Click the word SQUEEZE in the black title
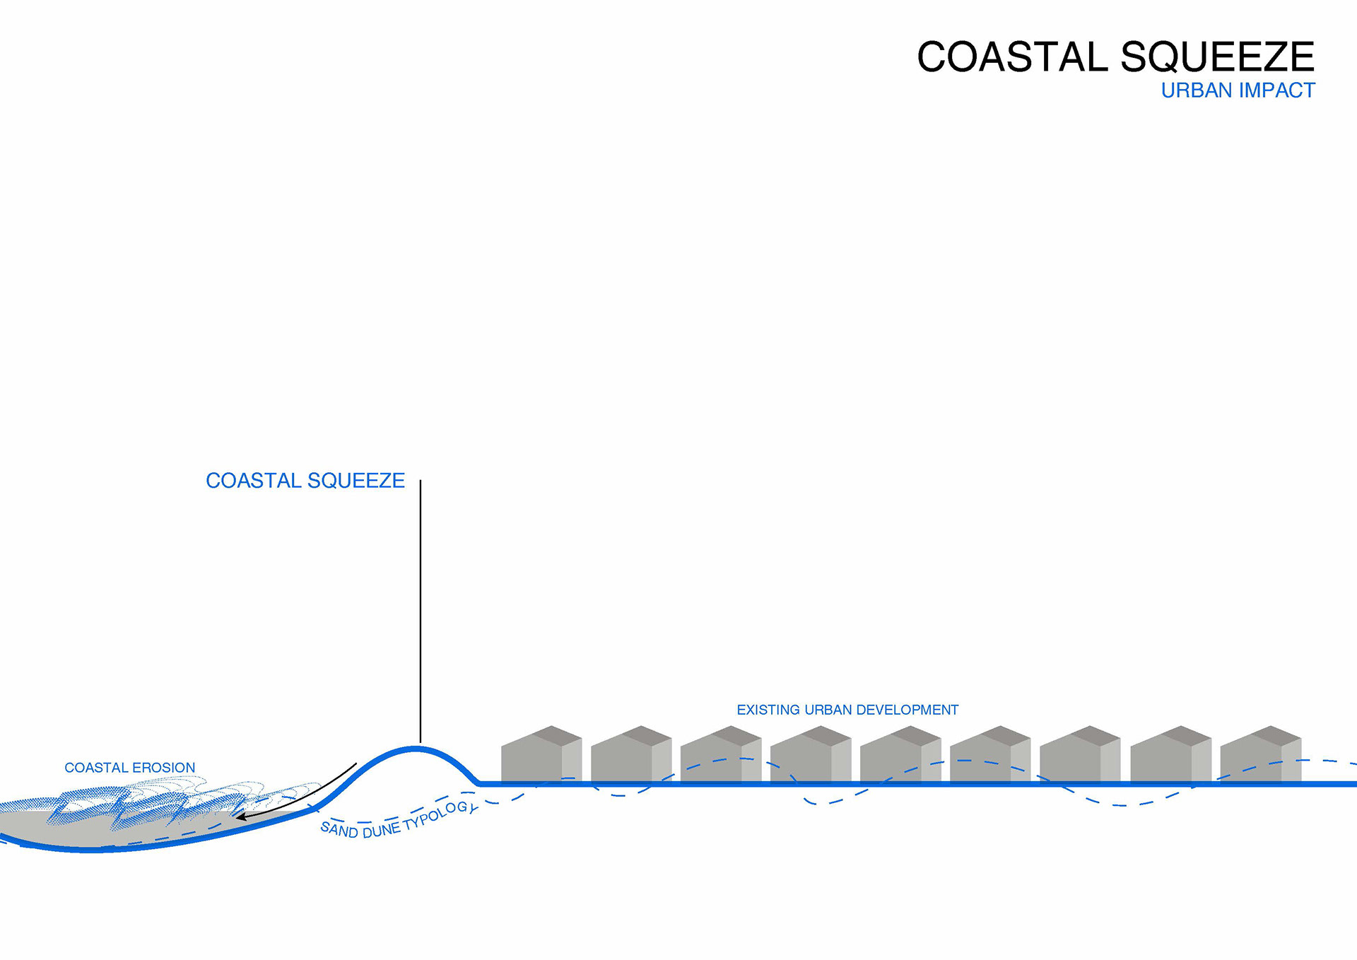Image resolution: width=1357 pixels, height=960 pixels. click(1217, 57)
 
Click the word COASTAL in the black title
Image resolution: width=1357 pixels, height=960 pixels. click(1012, 57)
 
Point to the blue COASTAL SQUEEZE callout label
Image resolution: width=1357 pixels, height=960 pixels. click(305, 481)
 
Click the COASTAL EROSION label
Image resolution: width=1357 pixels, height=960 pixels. click(129, 768)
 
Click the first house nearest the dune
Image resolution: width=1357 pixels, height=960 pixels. click(541, 758)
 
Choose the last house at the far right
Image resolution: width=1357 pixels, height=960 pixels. click(1260, 758)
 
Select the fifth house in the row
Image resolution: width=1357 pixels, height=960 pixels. click(900, 758)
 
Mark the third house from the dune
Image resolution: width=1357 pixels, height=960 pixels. click(720, 758)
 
